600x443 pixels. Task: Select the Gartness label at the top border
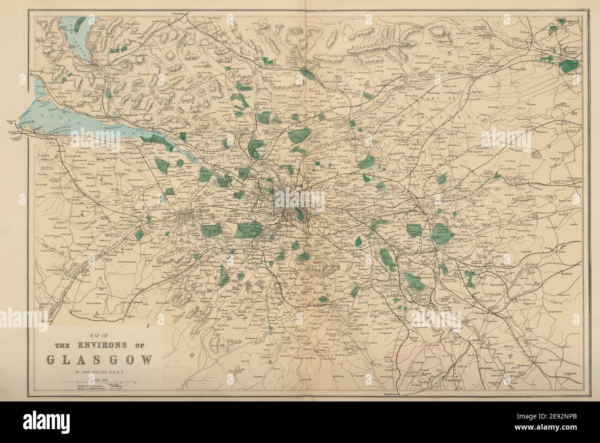[177, 14]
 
